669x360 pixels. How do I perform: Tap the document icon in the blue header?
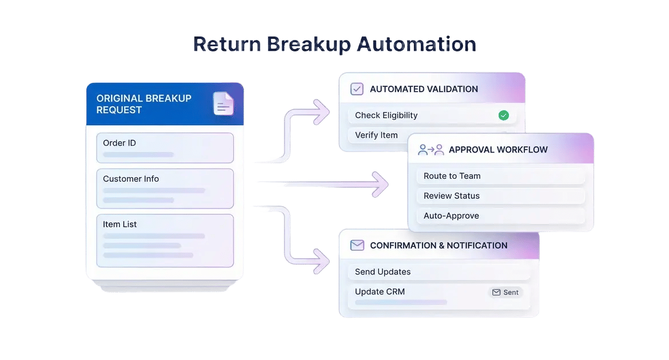[x=224, y=103]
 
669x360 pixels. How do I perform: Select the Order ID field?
[x=165, y=147]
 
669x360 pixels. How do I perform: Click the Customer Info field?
[x=165, y=188]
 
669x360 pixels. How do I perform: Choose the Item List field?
[x=165, y=240]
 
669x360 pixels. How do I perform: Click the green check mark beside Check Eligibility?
[x=503, y=115]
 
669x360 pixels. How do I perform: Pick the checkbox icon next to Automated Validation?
[x=357, y=89]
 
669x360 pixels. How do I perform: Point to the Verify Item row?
[x=376, y=135]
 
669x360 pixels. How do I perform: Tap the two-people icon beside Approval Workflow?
[x=431, y=150]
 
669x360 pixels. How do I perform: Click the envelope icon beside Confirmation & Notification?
[x=357, y=245]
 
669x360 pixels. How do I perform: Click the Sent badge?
[x=505, y=292]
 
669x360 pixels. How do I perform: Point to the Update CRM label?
[x=380, y=291]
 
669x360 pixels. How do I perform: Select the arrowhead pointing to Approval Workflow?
[x=381, y=183]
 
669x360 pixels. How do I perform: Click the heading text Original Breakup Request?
[x=144, y=104]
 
